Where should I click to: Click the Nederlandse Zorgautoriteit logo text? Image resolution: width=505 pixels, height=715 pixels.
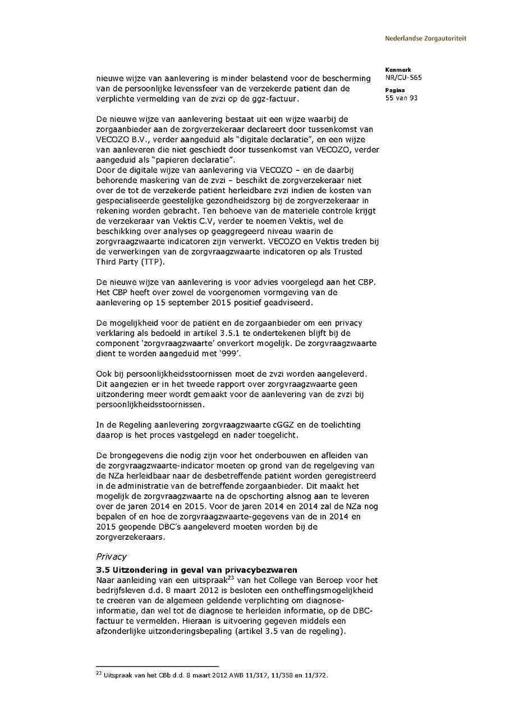425,39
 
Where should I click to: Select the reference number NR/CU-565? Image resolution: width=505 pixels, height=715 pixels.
403,78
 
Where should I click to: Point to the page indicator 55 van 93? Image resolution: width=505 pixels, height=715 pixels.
401,98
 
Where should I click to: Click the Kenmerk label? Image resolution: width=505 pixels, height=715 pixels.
398,70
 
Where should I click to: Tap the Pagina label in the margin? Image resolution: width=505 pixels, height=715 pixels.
395,90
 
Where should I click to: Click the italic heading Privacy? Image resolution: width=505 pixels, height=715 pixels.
111,557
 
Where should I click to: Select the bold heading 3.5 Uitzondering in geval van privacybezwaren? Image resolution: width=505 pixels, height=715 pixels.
196,570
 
